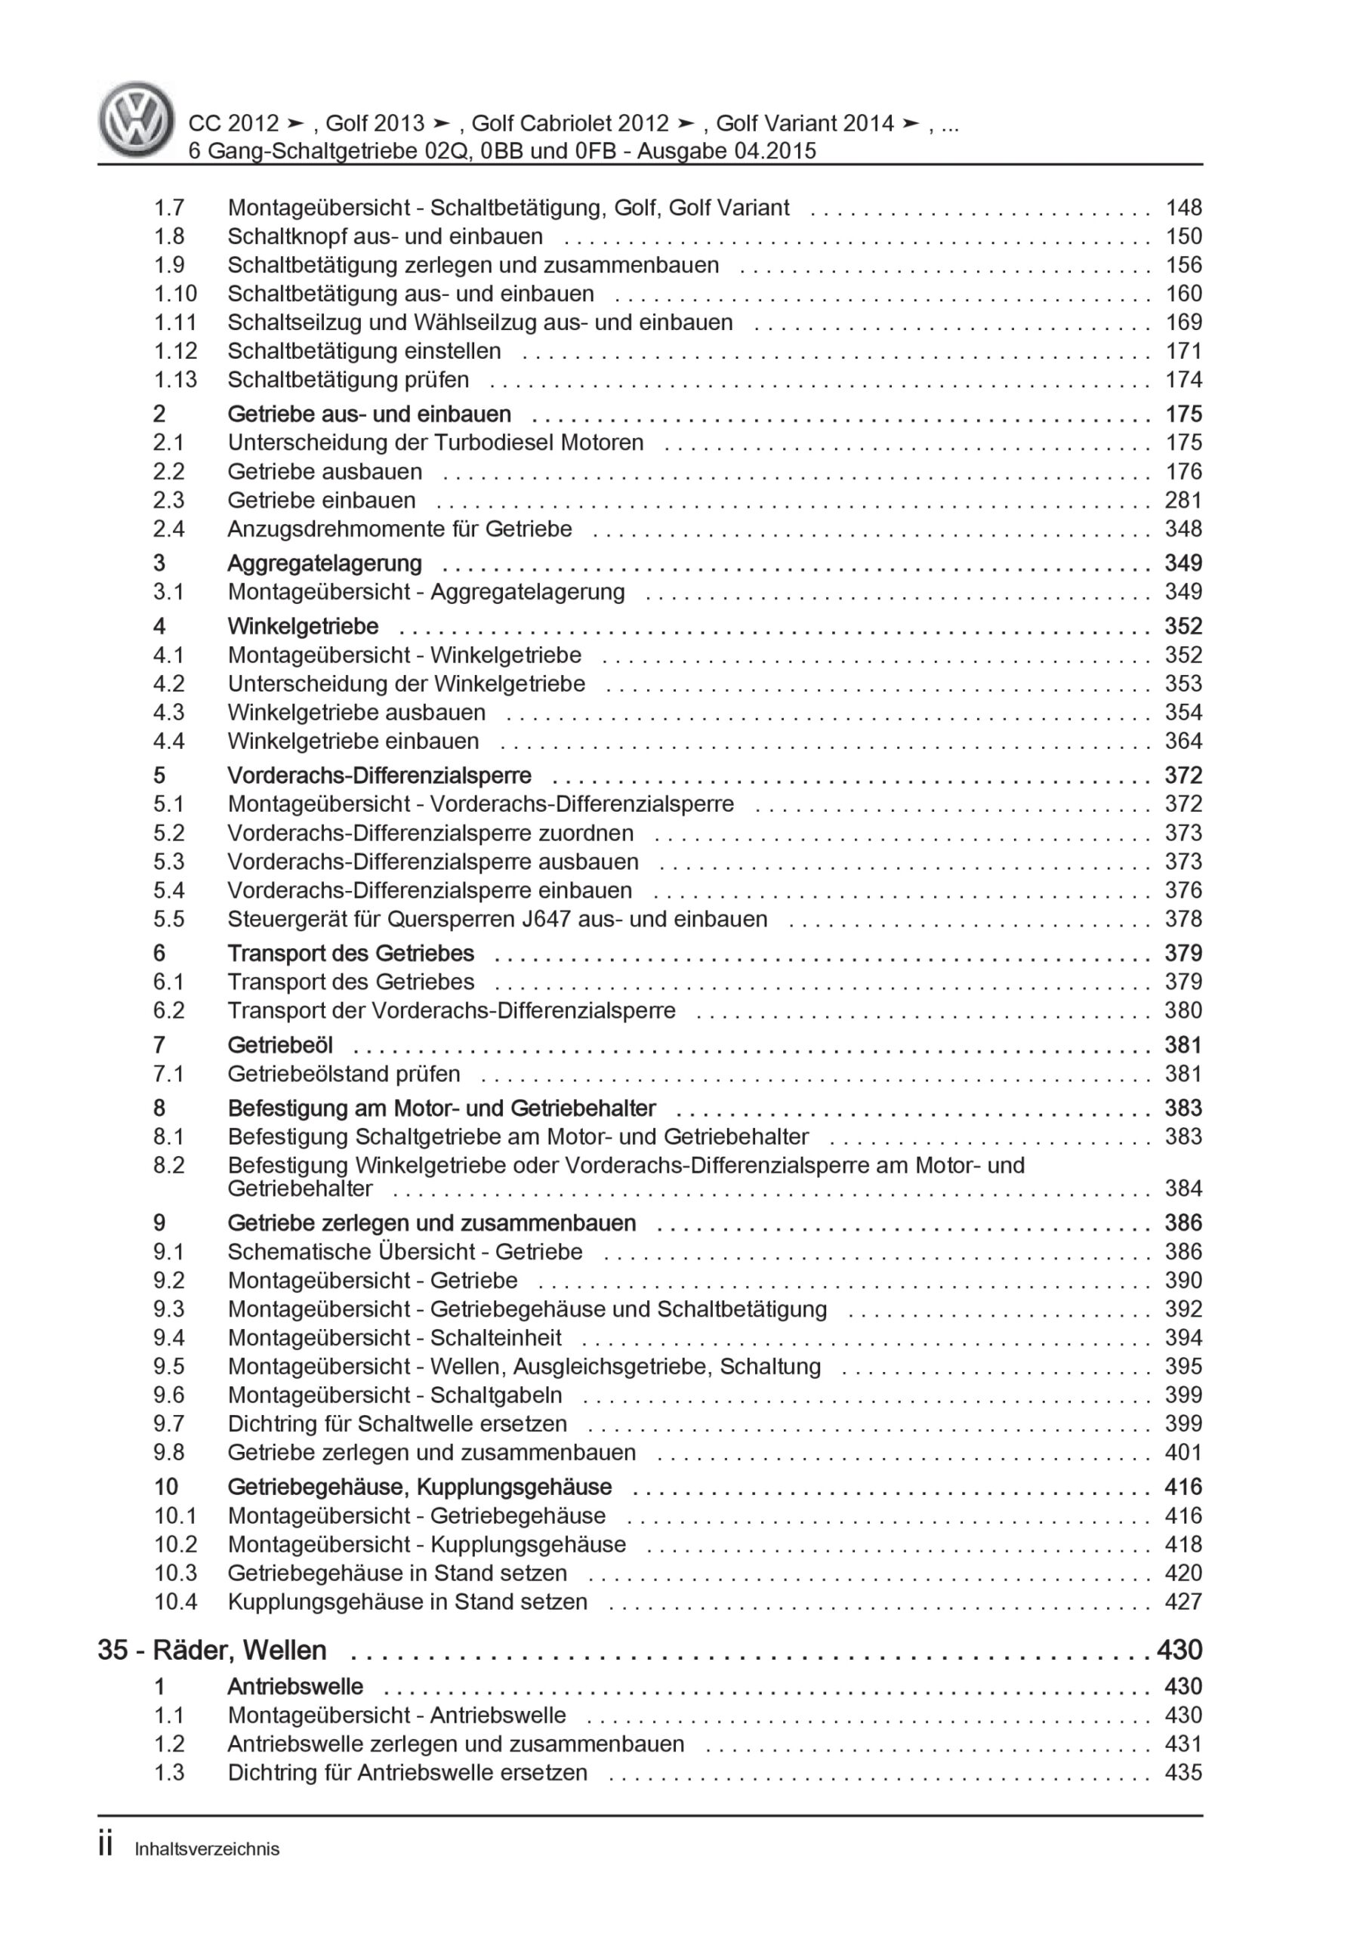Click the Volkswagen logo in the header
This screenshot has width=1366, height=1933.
pyautogui.click(x=136, y=119)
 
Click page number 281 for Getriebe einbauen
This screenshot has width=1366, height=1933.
pyautogui.click(x=1183, y=500)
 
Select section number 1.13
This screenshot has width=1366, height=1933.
pyautogui.click(x=175, y=380)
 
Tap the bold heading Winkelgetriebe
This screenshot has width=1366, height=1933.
pyautogui.click(x=304, y=627)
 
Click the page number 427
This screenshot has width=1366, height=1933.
pyautogui.click(x=1183, y=1602)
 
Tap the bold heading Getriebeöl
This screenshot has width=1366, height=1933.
pyautogui.click(x=279, y=1045)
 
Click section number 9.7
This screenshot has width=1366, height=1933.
pyautogui.click(x=168, y=1423)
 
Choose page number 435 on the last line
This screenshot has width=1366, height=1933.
pyautogui.click(x=1183, y=1772)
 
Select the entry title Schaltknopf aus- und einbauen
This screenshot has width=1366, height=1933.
pyautogui.click(x=385, y=236)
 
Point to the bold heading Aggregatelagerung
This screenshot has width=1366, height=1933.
pyautogui.click(x=324, y=563)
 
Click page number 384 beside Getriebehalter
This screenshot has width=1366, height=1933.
pyautogui.click(x=1183, y=1188)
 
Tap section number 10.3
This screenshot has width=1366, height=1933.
pyautogui.click(x=175, y=1573)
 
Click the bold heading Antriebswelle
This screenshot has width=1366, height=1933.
pyautogui.click(x=294, y=1686)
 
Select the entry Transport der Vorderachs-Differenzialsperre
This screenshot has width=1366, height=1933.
pyautogui.click(x=452, y=1010)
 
